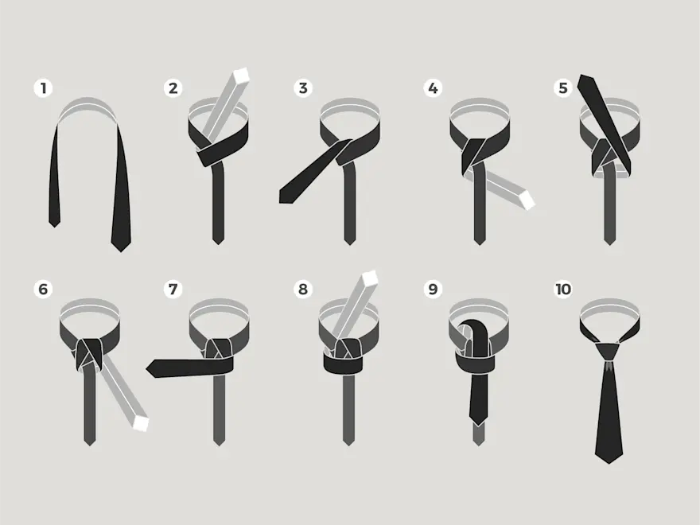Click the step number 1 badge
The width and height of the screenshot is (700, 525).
(43, 88)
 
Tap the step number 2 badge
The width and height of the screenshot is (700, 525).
(173, 88)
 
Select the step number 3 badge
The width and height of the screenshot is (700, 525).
(303, 88)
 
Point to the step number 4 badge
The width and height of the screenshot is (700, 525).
(432, 88)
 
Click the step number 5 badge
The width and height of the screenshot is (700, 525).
(562, 88)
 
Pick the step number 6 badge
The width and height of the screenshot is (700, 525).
(43, 289)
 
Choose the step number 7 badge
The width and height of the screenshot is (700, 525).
(173, 289)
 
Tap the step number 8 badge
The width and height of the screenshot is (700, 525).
(303, 289)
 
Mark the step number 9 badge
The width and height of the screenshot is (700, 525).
(432, 289)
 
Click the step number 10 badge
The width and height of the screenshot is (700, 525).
(562, 289)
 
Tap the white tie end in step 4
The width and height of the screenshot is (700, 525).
(527, 200)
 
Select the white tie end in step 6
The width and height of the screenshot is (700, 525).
(140, 423)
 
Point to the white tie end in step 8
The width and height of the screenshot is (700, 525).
(370, 278)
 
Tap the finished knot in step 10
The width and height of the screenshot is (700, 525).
(608, 352)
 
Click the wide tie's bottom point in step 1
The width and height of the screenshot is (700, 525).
(121, 251)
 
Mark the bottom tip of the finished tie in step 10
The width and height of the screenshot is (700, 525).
(609, 462)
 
